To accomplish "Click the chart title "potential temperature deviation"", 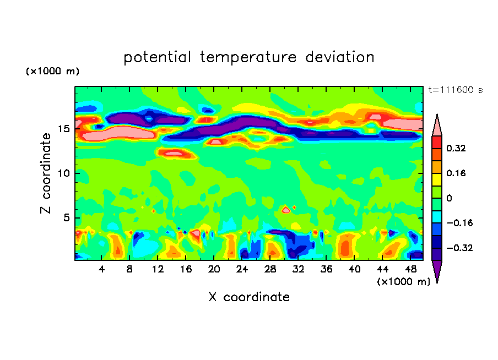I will click(249, 57).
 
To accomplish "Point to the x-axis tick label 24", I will click(242, 269).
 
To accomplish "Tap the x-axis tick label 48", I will click(409, 269).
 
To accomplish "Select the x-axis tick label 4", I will click(102, 269).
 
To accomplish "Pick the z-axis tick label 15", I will click(63, 129).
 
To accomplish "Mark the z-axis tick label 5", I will click(66, 218).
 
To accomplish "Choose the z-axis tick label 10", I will click(63, 173).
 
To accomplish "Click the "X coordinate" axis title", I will click(249, 297).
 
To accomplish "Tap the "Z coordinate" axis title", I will click(47, 173).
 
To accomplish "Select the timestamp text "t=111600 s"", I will click(455, 90).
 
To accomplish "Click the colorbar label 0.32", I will click(457, 148).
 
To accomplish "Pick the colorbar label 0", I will click(450, 198).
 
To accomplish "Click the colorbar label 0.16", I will click(457, 173).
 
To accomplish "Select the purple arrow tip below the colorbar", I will click(437, 271).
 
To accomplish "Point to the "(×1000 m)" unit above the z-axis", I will click(52, 72).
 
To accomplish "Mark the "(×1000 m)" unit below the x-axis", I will click(403, 282).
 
